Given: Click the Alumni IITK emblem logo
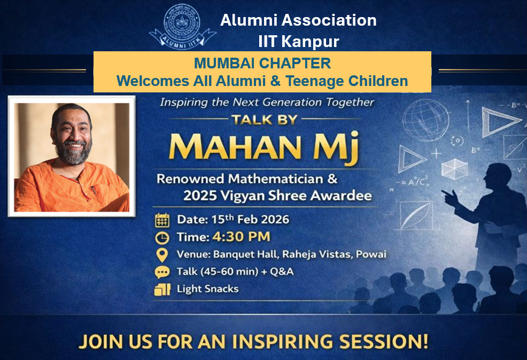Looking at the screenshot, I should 182,25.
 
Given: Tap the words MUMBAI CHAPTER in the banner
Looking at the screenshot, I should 262,64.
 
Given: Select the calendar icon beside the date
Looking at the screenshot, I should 162,220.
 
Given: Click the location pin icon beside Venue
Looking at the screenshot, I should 162,255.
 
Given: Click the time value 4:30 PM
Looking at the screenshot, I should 242,237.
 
